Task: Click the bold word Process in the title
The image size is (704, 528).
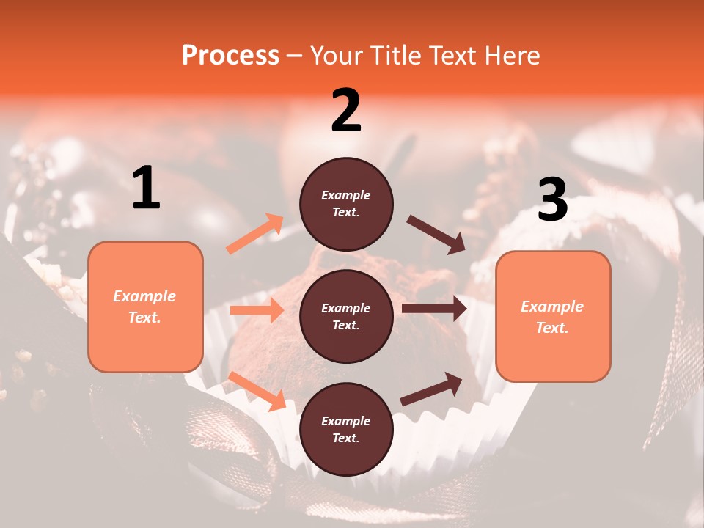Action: tap(230, 55)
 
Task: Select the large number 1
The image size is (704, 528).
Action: tap(146, 188)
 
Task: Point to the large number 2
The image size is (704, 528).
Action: tap(346, 111)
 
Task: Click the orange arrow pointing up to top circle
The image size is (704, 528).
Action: tap(254, 234)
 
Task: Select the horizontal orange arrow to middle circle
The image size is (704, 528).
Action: tap(257, 310)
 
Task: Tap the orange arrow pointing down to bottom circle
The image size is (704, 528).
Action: tap(257, 391)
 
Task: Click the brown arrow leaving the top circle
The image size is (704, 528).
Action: tap(436, 235)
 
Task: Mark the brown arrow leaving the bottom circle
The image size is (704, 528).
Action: tap(431, 389)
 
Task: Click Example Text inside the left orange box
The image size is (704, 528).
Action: tap(145, 307)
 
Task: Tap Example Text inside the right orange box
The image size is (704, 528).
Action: tap(553, 317)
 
